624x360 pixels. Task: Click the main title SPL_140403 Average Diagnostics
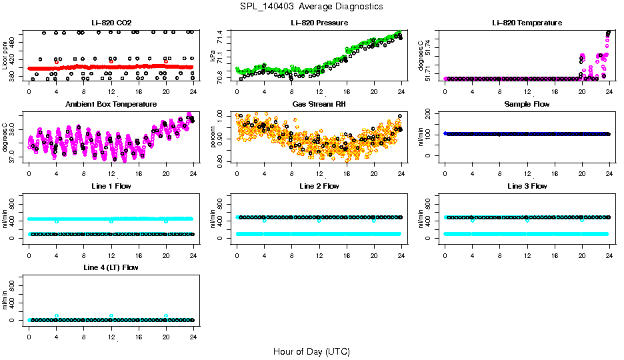point(312,6)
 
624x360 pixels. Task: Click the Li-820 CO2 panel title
point(110,23)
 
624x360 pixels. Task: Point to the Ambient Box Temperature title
point(111,104)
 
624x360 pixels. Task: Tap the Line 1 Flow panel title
point(111,186)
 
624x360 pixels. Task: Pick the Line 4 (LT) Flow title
point(111,267)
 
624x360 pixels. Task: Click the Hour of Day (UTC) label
point(311,351)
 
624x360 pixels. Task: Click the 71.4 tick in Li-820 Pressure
point(221,34)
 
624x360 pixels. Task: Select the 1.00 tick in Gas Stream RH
point(221,116)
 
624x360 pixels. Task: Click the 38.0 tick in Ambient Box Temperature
point(13,131)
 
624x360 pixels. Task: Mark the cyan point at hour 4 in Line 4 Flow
point(57,315)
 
